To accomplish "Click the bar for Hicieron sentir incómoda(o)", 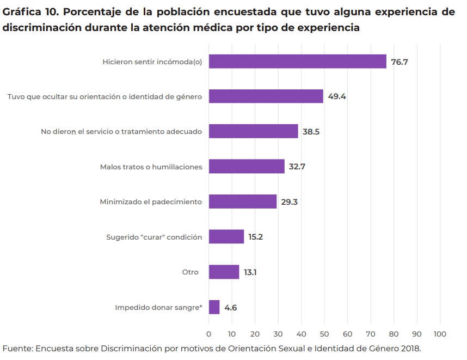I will (x=297, y=62).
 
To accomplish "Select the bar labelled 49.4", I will (x=266, y=96).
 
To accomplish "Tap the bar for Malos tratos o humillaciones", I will (x=247, y=167).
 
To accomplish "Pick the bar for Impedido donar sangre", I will (x=214, y=307).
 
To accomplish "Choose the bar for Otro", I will (x=224, y=272).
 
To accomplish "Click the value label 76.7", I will (x=400, y=62).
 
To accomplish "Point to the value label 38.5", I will (x=311, y=132).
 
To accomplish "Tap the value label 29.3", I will (x=290, y=202).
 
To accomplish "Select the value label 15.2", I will (x=256, y=237).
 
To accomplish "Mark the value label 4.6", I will (x=231, y=308).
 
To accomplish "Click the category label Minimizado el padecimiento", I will (x=151, y=202).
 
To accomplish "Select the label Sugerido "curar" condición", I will (x=154, y=237).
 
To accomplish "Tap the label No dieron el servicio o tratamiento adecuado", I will (x=121, y=132).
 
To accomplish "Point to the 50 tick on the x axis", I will (x=324, y=334).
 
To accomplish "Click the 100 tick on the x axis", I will (x=440, y=334).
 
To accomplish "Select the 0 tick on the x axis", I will (x=209, y=334).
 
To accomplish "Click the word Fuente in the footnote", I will (x=17, y=349).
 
